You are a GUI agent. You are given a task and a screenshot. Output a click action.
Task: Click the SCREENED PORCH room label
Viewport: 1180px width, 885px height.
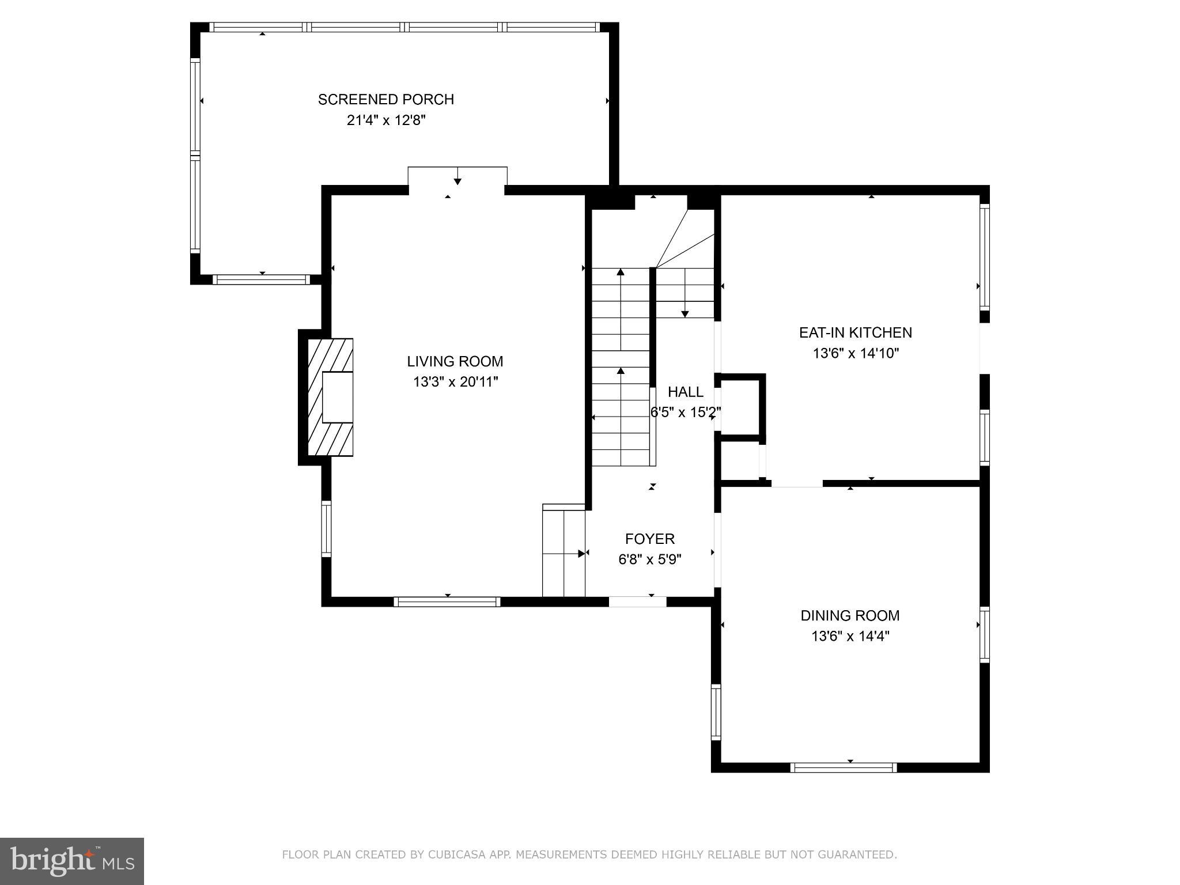pyautogui.click(x=386, y=100)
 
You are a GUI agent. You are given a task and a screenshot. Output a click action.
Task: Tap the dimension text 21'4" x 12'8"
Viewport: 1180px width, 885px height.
pyautogui.click(x=386, y=120)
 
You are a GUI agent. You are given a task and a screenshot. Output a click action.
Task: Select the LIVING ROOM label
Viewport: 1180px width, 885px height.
pyautogui.click(x=455, y=361)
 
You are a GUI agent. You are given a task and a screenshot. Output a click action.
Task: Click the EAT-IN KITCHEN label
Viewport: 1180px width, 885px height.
pyautogui.click(x=856, y=332)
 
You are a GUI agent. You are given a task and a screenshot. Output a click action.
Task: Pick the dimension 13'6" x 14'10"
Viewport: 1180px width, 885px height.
pyautogui.click(x=856, y=353)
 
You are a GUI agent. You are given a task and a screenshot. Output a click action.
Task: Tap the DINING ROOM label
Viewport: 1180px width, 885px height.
pyautogui.click(x=850, y=615)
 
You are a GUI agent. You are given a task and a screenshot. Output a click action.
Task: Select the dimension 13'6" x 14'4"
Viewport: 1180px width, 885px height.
pyautogui.click(x=850, y=636)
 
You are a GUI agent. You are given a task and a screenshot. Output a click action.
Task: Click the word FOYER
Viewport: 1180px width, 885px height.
pyautogui.click(x=650, y=539)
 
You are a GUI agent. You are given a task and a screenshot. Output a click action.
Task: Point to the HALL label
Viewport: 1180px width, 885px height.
pyautogui.click(x=686, y=392)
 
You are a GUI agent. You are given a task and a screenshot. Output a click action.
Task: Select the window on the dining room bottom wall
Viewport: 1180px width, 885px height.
pyautogui.click(x=844, y=767)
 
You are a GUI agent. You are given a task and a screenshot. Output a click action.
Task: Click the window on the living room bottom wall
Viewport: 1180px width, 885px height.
pyautogui.click(x=447, y=602)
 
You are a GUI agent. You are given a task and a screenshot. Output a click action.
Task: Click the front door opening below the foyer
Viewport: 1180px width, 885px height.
pyautogui.click(x=637, y=602)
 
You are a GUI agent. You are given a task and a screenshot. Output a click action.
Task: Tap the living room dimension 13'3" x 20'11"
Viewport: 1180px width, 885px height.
pyautogui.click(x=455, y=382)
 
